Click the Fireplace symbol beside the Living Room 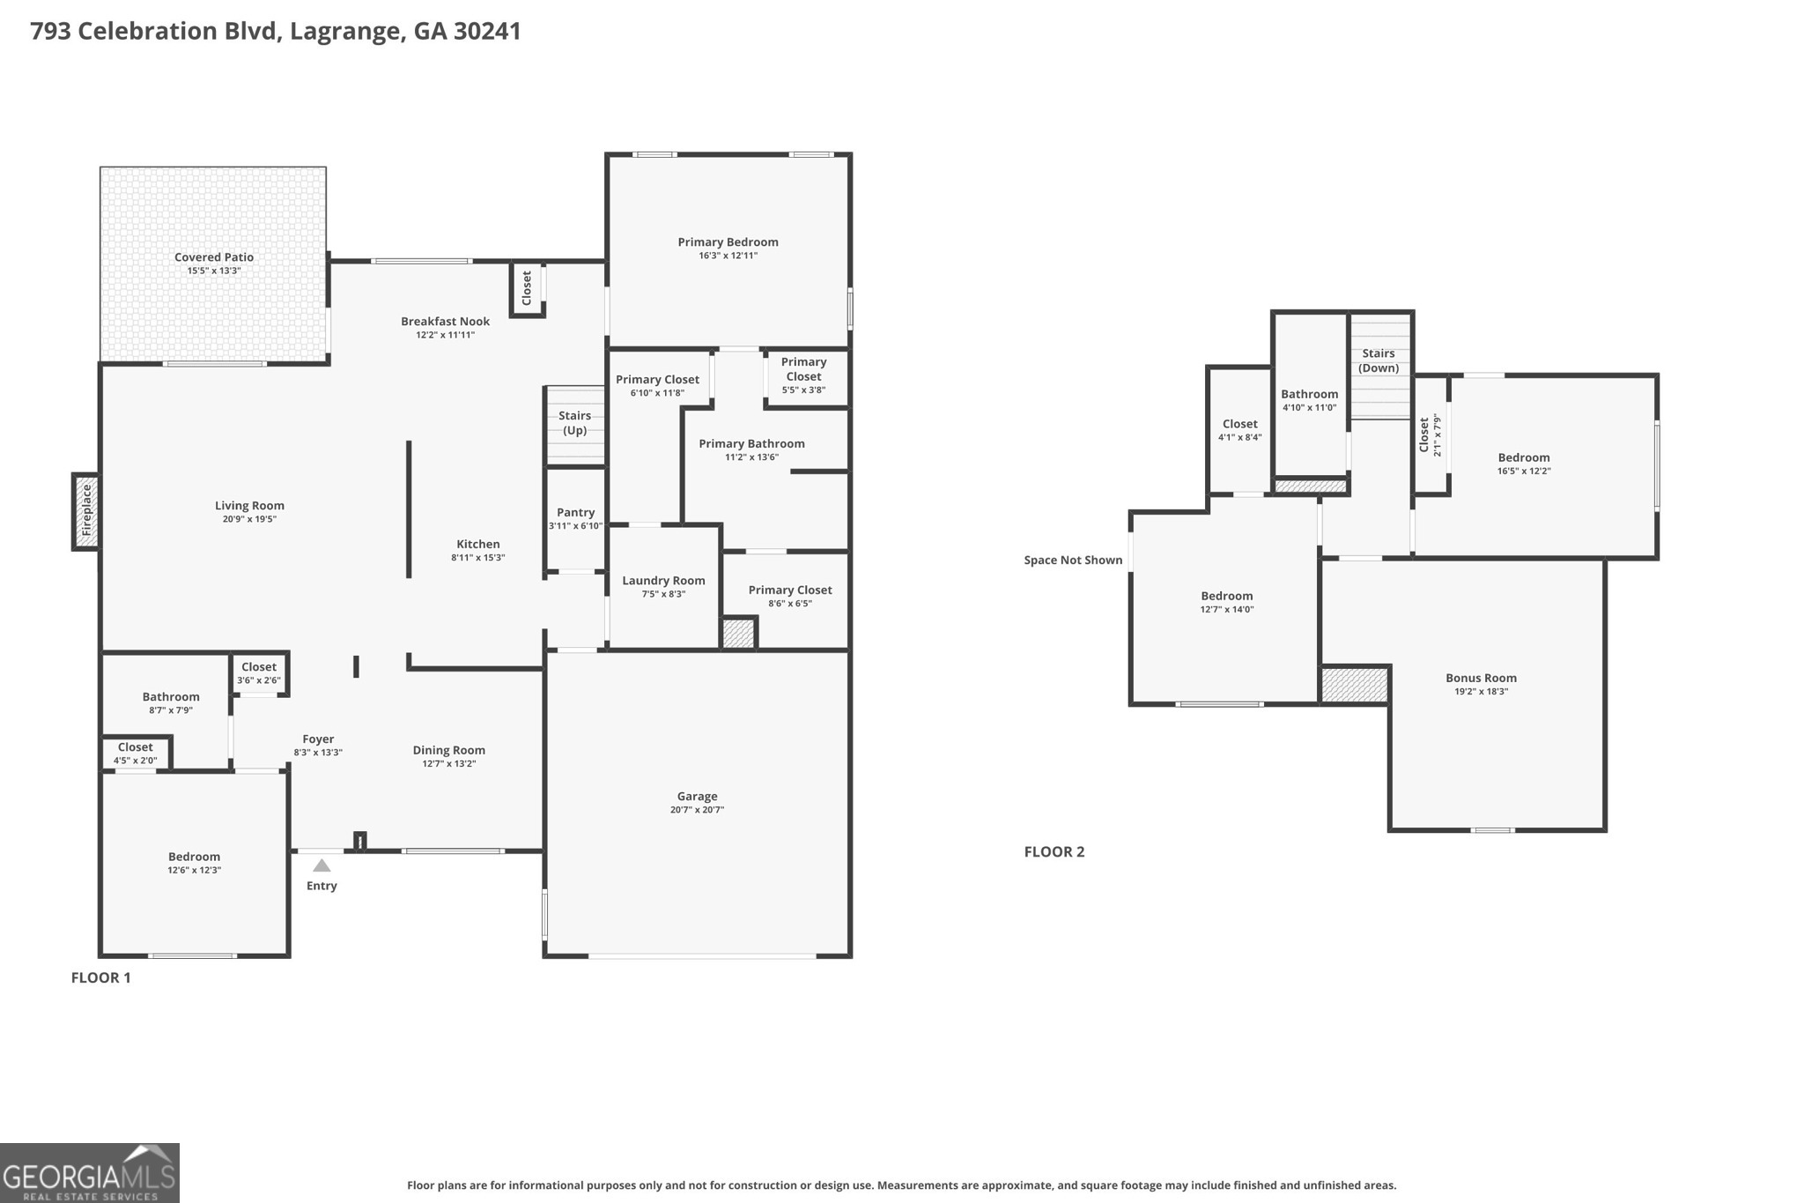pos(86,511)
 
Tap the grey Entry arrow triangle pos(322,865)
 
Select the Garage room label pos(697,796)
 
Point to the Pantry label pos(575,512)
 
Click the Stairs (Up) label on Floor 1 pos(575,423)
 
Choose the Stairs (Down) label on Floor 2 pos(1379,360)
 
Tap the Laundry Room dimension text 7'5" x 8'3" pos(663,594)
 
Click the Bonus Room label pos(1481,678)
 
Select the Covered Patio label pos(214,257)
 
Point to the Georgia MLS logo pos(90,1173)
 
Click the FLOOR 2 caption pos(1054,851)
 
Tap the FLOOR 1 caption pos(100,977)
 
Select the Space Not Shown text pos(1073,560)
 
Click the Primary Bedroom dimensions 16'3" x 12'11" pos(728,256)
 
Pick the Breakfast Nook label pos(445,322)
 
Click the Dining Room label pos(448,750)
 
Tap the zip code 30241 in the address pos(487,31)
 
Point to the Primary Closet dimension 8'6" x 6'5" pos(790,604)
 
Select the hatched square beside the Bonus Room pos(1355,685)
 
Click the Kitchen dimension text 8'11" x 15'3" pos(477,558)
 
